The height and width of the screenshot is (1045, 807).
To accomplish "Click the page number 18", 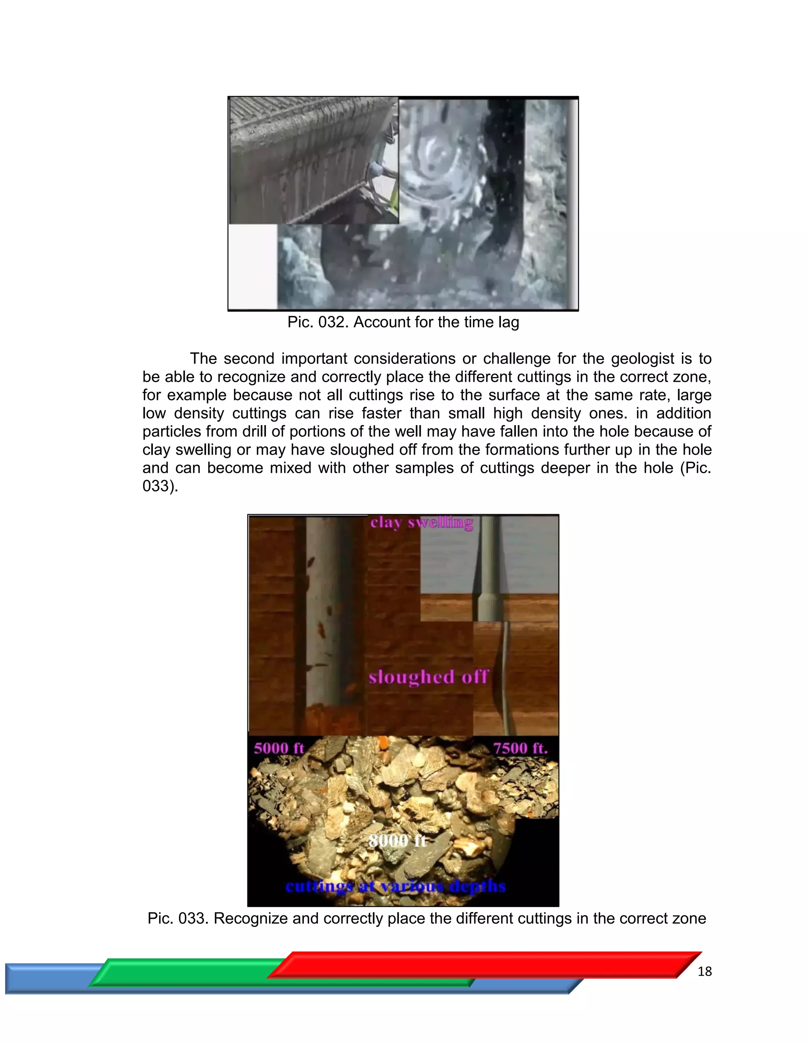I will coord(704,972).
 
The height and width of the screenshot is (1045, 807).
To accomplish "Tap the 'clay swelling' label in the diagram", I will coord(422,522).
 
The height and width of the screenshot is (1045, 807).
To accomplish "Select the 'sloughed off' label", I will coord(428,677).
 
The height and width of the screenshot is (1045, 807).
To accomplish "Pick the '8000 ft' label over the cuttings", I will coord(397,840).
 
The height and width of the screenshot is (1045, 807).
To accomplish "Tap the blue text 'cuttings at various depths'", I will coord(395,886).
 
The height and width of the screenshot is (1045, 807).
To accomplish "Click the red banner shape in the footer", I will coord(483,965).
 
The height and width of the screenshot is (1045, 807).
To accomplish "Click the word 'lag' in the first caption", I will coord(508,323).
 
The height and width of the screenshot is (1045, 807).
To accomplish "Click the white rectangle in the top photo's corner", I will coord(253,266).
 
